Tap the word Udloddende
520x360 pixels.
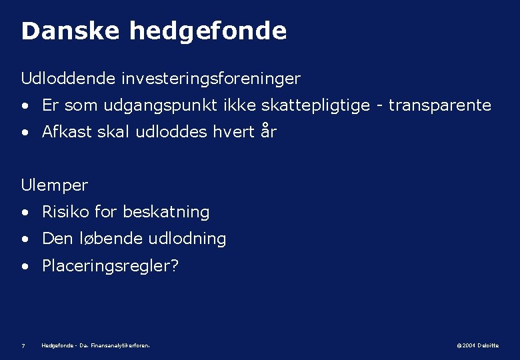[x=69, y=79]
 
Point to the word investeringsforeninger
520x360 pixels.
[x=211, y=79]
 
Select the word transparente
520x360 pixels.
[x=440, y=105]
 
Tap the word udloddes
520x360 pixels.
[x=170, y=132]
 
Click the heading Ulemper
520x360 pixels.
[x=55, y=185]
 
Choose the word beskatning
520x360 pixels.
[x=166, y=212]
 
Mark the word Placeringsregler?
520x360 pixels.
[x=111, y=266]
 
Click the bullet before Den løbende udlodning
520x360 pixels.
[x=25, y=239]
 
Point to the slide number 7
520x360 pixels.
[x=23, y=345]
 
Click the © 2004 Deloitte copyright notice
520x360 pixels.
[x=477, y=345]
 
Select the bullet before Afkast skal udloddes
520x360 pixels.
[x=25, y=133]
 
